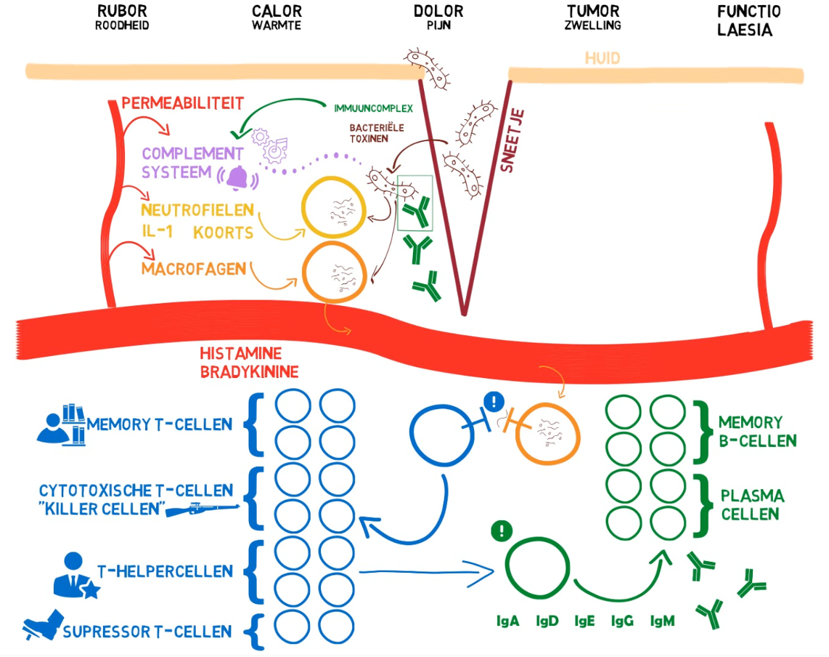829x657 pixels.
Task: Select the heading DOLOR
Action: click(x=438, y=11)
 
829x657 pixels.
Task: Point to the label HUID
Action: click(x=603, y=57)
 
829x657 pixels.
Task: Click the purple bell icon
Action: click(x=237, y=176)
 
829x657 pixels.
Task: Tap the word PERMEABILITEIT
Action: click(x=182, y=102)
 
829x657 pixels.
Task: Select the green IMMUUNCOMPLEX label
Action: click(x=373, y=108)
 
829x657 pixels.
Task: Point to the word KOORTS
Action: click(x=223, y=233)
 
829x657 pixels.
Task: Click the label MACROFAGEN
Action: click(x=192, y=269)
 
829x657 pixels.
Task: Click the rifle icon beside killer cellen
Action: click(x=203, y=510)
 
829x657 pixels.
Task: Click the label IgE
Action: click(x=584, y=621)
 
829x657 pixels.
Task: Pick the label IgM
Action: click(x=662, y=621)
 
